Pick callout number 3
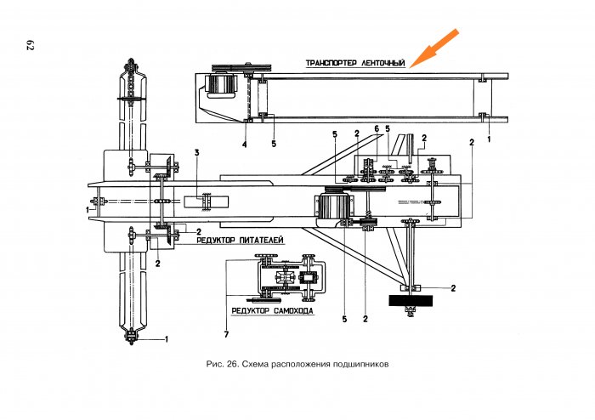[x=197, y=152]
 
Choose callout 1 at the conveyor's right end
[x=489, y=137]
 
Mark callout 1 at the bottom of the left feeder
[x=167, y=339]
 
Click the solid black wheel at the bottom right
[x=411, y=300]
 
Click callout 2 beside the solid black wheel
[x=453, y=288]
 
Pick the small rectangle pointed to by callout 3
[x=207, y=201]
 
